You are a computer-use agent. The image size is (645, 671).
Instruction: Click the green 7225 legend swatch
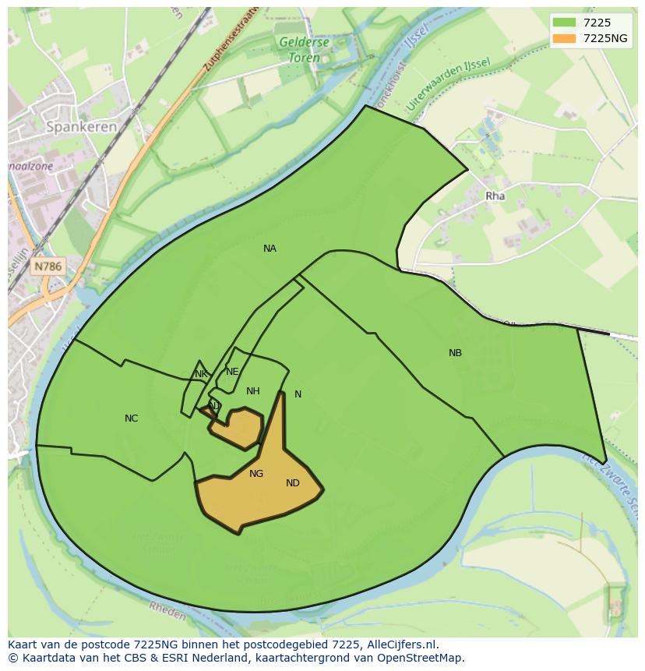point(564,23)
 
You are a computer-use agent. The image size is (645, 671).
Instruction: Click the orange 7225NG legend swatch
point(564,38)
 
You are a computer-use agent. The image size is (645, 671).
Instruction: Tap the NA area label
point(270,249)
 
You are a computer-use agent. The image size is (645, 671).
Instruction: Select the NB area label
point(456,353)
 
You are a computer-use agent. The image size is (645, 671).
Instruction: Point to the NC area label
point(132,418)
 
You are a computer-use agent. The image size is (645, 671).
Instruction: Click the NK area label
point(202,374)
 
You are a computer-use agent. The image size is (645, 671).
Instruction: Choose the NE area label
point(232,372)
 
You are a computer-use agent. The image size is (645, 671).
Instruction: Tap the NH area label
point(253,391)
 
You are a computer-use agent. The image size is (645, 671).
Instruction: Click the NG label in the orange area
point(256,474)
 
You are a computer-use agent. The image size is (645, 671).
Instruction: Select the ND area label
point(293,483)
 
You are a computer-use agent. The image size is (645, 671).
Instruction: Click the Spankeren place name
point(82,126)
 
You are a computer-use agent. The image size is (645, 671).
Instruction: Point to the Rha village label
point(495,196)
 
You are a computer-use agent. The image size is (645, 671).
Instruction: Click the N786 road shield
point(48,267)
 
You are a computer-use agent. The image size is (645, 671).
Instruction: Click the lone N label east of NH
point(298,394)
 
